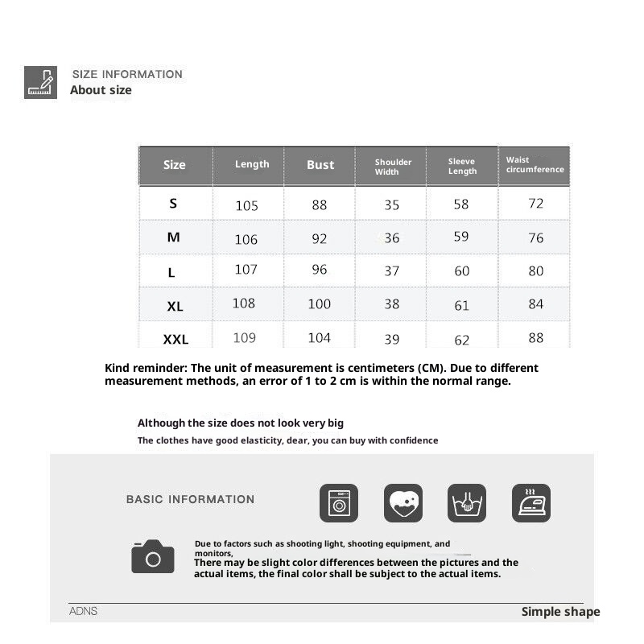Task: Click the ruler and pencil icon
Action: click(40, 82)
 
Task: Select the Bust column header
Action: click(320, 165)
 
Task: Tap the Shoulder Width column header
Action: click(393, 167)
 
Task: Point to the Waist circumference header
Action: click(535, 165)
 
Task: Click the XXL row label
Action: click(175, 340)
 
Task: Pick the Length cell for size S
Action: click(246, 205)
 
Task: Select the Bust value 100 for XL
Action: click(319, 303)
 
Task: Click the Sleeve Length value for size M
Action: click(461, 237)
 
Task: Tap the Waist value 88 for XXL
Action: click(535, 338)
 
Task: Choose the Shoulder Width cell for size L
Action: click(391, 271)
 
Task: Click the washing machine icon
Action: click(339, 503)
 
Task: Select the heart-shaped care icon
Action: click(402, 503)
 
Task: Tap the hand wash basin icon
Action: click(467, 503)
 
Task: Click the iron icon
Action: click(531, 503)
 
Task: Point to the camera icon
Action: click(153, 556)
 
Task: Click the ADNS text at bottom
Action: click(83, 611)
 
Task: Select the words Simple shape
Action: click(560, 612)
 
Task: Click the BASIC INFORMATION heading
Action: click(190, 499)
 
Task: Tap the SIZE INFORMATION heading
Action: click(127, 74)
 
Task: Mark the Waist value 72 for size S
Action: click(535, 204)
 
